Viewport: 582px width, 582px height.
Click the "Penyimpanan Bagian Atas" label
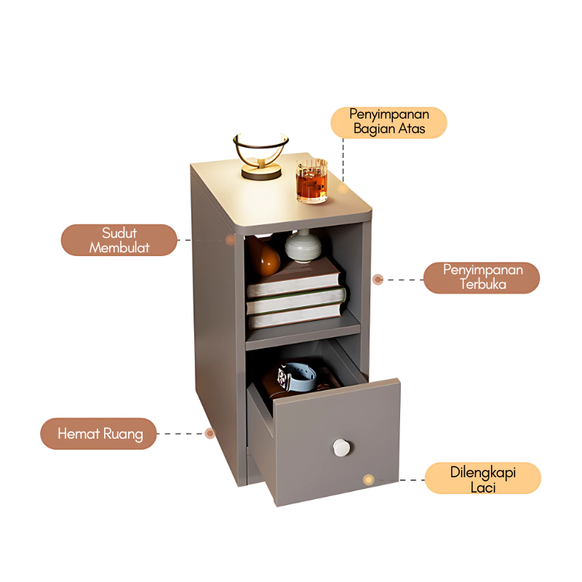click(x=388, y=122)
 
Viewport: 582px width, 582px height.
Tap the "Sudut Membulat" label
click(x=119, y=240)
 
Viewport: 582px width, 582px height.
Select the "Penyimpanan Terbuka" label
click(x=482, y=277)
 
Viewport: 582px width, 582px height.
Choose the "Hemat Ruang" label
click(x=97, y=434)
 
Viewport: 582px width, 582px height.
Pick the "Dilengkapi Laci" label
click(x=482, y=479)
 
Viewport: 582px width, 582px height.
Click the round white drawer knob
click(x=340, y=447)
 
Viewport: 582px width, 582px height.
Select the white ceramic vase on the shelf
click(x=302, y=245)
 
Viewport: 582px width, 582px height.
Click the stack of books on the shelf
click(x=295, y=295)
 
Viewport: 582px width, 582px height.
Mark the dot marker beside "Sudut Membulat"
click(x=230, y=239)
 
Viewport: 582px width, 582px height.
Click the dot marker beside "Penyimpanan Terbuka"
click(x=378, y=279)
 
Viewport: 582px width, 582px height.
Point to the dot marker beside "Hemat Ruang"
click(x=210, y=433)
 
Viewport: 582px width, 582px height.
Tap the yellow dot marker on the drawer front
click(x=369, y=479)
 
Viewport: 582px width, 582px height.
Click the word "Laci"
click(x=482, y=487)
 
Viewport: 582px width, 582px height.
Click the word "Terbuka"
click(x=482, y=284)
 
